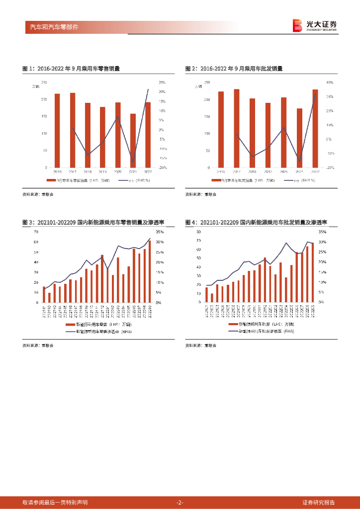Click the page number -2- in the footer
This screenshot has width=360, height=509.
point(180,502)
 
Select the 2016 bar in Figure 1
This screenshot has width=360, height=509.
point(57,130)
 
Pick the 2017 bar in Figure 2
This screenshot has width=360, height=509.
point(237,128)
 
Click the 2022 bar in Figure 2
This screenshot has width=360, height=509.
point(315,128)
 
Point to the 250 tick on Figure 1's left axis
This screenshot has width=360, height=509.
point(44,83)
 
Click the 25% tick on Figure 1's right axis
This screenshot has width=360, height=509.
point(162,83)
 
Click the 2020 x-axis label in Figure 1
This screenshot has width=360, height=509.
point(118,171)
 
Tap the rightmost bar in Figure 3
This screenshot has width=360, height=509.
point(150,271)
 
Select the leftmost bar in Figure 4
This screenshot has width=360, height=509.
point(206,294)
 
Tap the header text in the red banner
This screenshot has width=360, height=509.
point(51,27)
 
